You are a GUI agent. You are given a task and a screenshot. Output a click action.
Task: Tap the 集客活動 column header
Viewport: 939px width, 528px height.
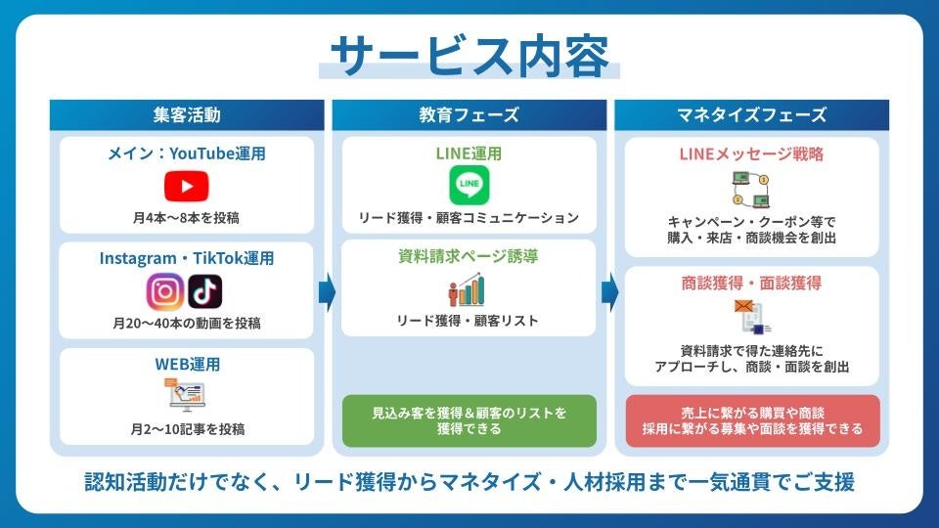click(187, 114)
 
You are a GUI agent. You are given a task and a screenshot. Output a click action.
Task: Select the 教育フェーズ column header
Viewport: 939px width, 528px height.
click(469, 114)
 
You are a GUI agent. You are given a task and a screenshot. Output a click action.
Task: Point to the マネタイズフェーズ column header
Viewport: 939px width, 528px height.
click(751, 114)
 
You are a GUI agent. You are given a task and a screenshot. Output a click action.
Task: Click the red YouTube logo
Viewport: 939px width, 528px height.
click(187, 185)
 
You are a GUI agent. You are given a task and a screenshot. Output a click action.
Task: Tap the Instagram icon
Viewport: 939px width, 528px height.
click(165, 291)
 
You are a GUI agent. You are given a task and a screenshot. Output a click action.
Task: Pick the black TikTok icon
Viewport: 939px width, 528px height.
click(205, 291)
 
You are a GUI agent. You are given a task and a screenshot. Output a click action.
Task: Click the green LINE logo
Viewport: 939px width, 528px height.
click(469, 185)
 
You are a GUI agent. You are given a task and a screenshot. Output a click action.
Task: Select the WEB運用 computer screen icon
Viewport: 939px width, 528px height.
click(187, 395)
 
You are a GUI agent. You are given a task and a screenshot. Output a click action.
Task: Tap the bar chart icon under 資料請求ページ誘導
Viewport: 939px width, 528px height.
click(469, 289)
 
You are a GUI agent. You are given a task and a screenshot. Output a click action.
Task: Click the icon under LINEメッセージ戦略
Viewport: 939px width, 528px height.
click(751, 188)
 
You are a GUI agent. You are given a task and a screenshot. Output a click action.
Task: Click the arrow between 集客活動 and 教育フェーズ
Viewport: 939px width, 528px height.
click(327, 291)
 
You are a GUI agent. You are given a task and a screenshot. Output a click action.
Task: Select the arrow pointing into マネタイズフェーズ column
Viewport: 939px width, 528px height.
click(608, 291)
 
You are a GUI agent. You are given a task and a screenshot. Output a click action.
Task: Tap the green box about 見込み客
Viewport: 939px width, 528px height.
click(469, 420)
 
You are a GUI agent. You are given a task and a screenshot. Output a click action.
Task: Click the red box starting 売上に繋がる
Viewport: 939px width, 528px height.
click(751, 420)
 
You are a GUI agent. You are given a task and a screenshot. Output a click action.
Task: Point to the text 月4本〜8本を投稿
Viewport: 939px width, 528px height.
click(187, 217)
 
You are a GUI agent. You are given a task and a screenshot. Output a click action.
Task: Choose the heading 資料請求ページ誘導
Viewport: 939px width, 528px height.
click(469, 257)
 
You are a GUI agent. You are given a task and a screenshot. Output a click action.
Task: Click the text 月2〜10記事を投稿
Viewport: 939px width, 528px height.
click(187, 428)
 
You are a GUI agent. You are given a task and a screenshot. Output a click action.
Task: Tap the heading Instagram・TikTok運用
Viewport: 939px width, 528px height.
click(187, 258)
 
